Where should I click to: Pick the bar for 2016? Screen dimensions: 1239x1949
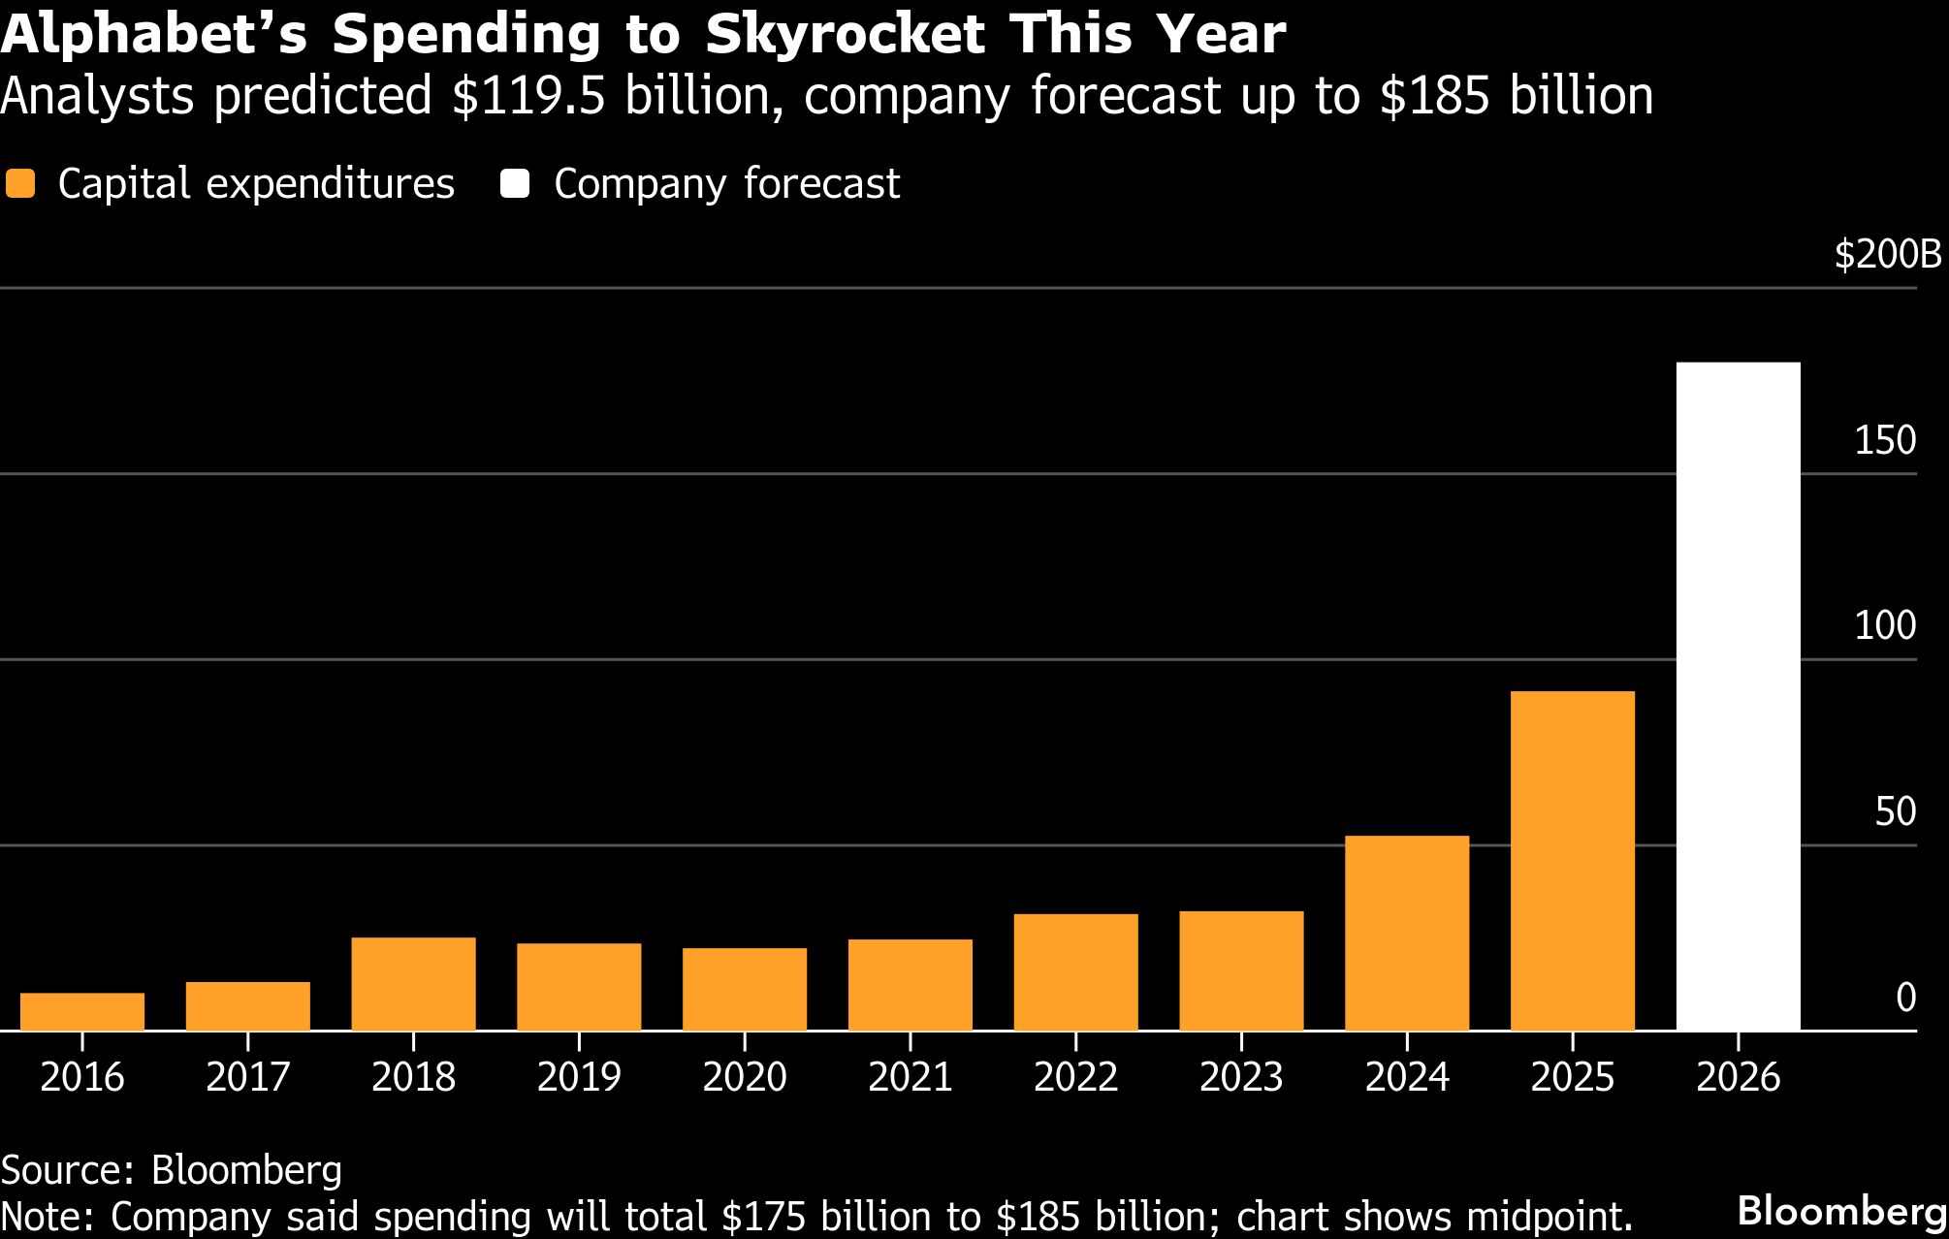[82, 1011]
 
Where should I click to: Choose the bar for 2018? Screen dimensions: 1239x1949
[413, 983]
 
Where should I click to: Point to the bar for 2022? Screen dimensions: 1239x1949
[1075, 971]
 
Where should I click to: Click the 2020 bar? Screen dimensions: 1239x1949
[744, 989]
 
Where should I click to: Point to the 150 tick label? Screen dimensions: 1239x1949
[1885, 440]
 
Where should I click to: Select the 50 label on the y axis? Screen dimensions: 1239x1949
[1895, 811]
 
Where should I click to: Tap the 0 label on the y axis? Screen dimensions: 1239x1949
[1905, 997]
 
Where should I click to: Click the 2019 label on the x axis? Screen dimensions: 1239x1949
[579, 1077]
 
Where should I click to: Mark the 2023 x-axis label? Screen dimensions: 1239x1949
[1241, 1077]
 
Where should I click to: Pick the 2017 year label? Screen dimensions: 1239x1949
[247, 1077]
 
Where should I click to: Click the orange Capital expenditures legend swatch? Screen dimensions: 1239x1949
[20, 184]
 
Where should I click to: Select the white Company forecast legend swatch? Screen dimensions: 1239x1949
[515, 184]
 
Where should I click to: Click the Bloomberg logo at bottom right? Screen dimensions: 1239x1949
[1841, 1210]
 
